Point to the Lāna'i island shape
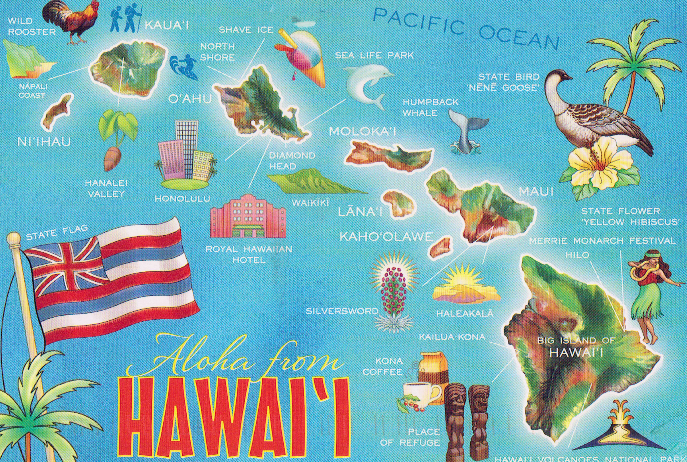399,203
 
